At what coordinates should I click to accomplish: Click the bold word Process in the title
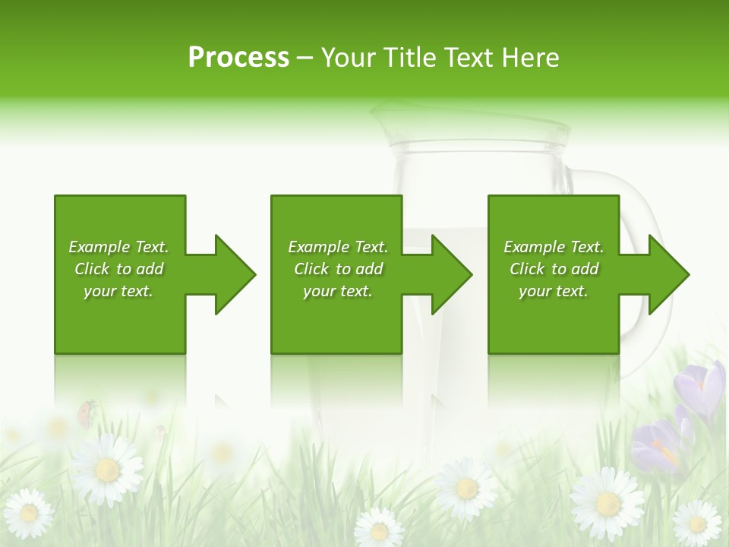[x=238, y=58]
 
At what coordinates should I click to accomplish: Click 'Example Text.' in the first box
[x=118, y=247]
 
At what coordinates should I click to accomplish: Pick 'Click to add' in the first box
[x=118, y=269]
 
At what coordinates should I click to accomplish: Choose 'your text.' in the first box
[x=118, y=291]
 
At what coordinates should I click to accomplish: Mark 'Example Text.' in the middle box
[x=338, y=247]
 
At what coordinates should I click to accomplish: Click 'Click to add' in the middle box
[x=338, y=269]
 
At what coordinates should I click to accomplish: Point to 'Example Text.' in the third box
[x=554, y=247]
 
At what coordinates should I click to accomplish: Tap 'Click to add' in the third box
[x=554, y=269]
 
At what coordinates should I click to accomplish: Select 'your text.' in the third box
[x=554, y=291]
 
